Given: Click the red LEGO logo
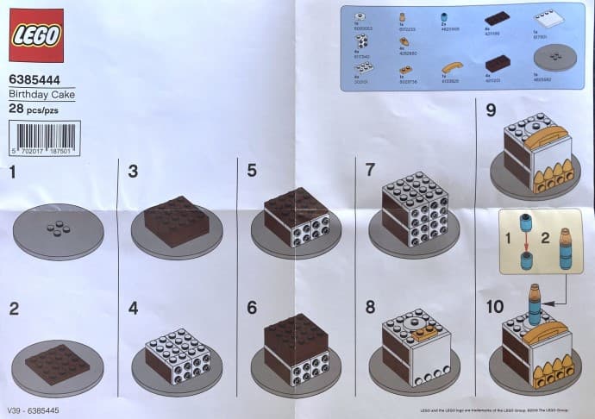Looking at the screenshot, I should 36,35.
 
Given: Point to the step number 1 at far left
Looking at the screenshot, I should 12,172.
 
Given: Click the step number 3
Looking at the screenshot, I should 133,171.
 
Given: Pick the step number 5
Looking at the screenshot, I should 252,170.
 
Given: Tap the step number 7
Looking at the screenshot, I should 370,170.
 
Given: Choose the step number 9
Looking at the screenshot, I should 491,110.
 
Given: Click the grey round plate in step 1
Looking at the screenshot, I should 59,232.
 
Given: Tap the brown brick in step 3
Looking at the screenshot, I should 178,222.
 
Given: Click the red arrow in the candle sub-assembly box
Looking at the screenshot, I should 524,248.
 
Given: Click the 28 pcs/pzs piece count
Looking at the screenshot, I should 32,109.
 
